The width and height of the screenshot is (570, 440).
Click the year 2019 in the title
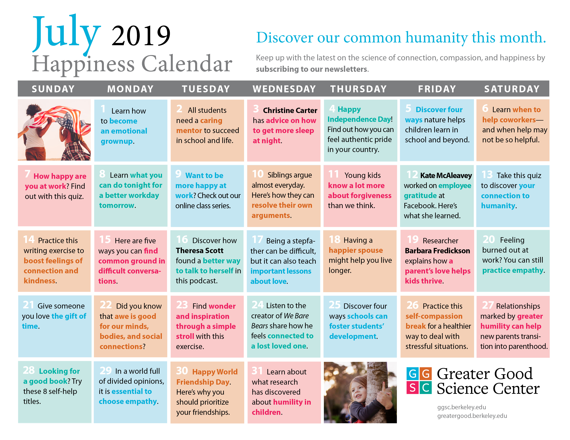click(x=141, y=36)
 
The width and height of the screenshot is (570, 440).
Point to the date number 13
click(x=487, y=175)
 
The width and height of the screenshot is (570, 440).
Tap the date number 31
click(x=257, y=371)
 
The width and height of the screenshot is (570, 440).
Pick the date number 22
click(x=106, y=305)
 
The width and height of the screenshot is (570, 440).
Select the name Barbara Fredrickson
click(x=437, y=251)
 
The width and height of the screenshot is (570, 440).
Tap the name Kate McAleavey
click(x=446, y=176)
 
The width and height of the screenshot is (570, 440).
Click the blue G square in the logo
click(x=413, y=374)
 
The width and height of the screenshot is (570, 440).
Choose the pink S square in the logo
click(x=413, y=388)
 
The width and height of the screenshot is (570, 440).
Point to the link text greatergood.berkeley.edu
click(x=472, y=416)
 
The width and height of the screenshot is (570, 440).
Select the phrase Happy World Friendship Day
click(x=207, y=377)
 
